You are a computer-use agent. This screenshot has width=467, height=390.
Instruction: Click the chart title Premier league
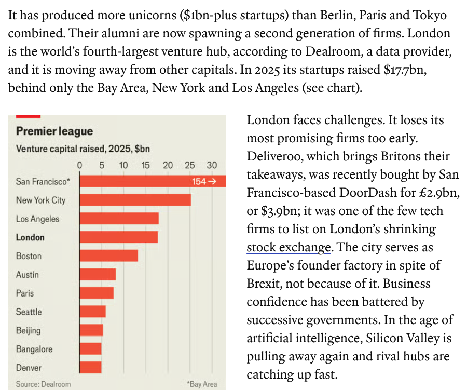(54, 131)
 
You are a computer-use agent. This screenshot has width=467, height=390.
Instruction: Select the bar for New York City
(134, 200)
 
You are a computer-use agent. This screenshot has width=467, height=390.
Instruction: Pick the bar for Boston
(108, 256)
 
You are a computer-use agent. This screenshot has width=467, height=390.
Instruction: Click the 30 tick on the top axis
(212, 165)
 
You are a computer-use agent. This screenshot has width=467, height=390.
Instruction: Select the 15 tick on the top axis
(145, 165)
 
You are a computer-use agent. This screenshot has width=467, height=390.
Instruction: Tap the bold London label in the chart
(30, 237)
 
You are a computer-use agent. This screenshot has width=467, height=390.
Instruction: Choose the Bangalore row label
(34, 349)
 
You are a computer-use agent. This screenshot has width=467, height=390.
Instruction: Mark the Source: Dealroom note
(43, 384)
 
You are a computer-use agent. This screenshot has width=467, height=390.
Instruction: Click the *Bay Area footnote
(202, 384)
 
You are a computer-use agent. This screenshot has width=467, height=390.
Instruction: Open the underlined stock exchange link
(288, 248)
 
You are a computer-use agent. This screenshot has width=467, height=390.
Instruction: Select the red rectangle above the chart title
(28, 116)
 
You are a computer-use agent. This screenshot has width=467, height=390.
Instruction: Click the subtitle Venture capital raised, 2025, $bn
(83, 149)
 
